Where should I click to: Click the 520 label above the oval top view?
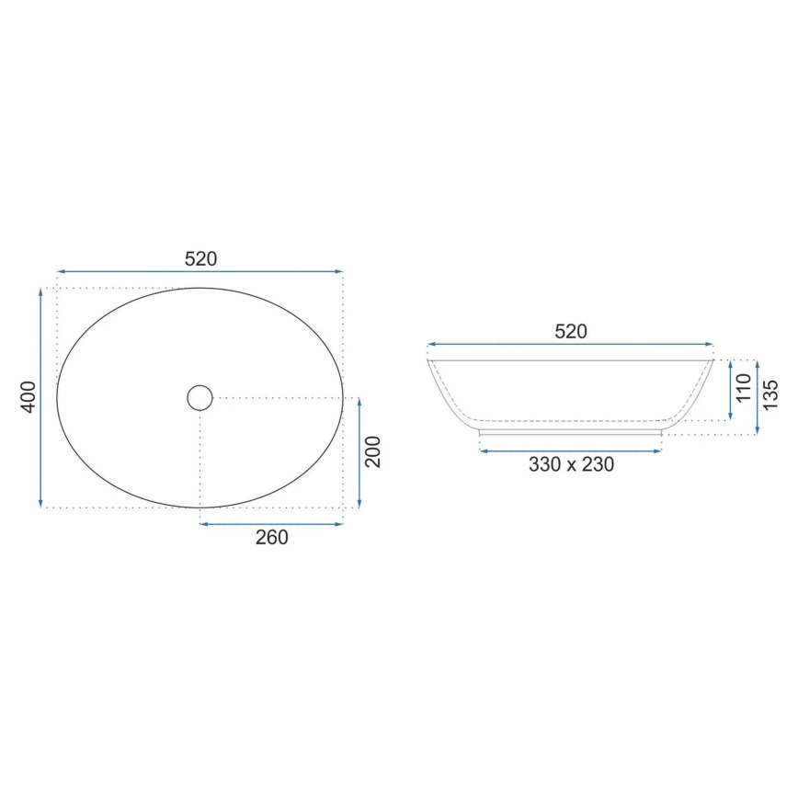[200, 259]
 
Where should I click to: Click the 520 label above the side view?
[570, 332]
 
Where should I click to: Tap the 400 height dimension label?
[28, 396]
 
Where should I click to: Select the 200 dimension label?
[372, 451]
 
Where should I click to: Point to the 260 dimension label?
[271, 538]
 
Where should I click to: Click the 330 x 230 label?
[571, 465]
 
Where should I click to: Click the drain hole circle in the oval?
[199, 397]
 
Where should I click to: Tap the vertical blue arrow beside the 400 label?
[41, 397]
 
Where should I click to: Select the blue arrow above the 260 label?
[271, 524]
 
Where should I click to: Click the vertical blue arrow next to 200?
[359, 452]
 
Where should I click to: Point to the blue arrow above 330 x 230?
[571, 450]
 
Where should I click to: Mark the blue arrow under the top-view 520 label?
[199, 272]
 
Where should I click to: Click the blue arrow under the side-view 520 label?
[570, 346]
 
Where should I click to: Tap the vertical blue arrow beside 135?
[757, 397]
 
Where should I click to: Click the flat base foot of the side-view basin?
[571, 430]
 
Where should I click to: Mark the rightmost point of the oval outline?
[343, 397]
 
